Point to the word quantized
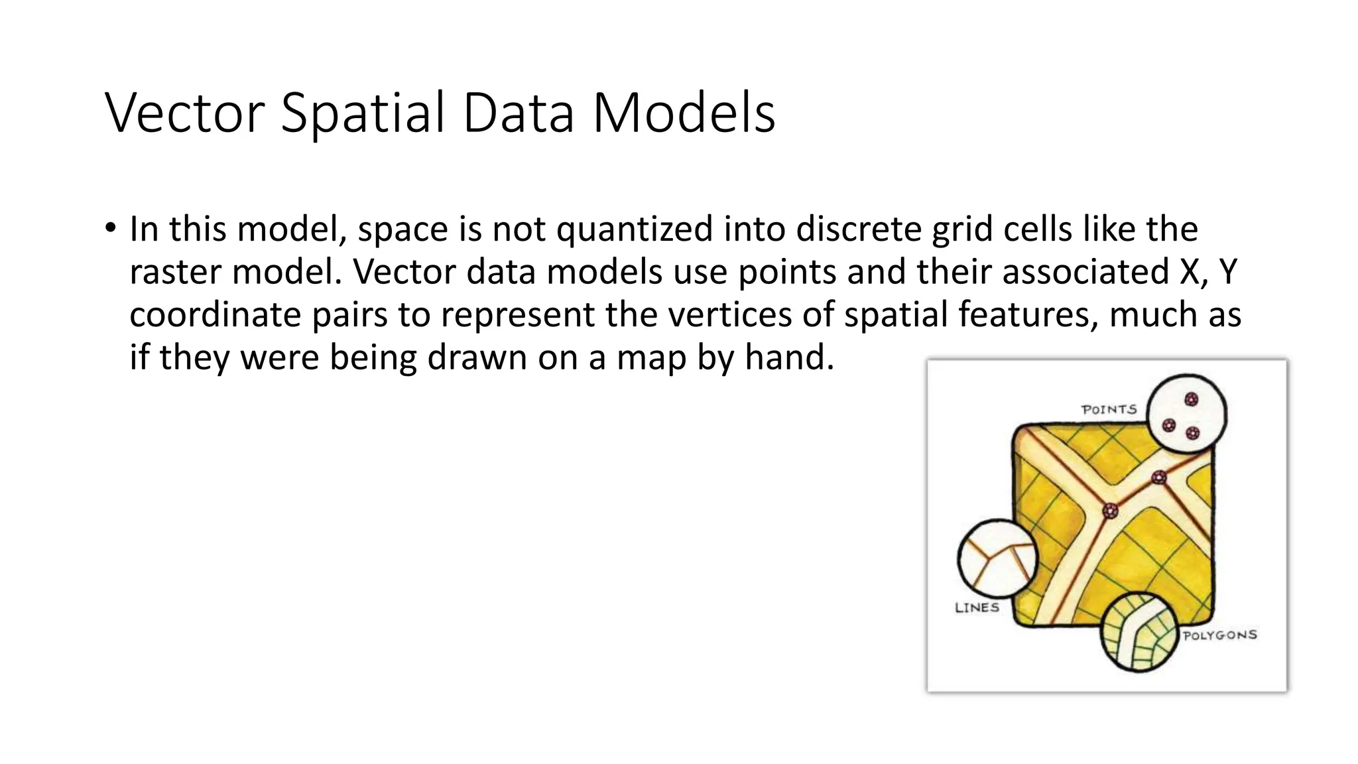coord(635,230)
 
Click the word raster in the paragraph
coord(175,272)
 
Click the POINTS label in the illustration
coord(1109,410)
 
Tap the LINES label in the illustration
coord(977,607)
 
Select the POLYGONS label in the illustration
coord(1220,635)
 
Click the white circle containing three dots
coord(1187,413)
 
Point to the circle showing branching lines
coord(996,558)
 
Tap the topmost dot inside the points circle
coord(1191,399)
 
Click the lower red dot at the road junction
coord(1110,511)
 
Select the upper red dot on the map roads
coord(1158,477)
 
